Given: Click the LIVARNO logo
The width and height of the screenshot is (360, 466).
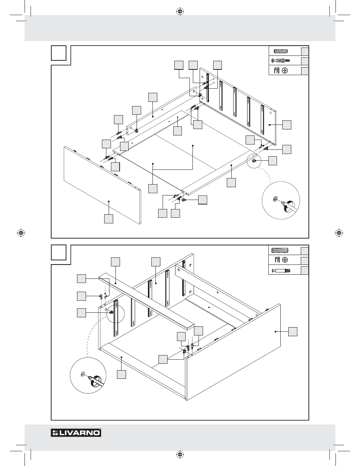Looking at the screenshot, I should click(x=76, y=433).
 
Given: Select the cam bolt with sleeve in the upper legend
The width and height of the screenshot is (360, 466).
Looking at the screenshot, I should click(x=280, y=60).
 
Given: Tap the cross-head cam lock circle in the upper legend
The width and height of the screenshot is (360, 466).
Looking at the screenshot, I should click(x=285, y=70).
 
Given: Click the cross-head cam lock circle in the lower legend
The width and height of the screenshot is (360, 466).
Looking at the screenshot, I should click(x=285, y=260).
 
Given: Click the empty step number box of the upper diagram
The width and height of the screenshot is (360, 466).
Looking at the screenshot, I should click(x=58, y=53).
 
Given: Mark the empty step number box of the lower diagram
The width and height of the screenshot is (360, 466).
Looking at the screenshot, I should click(x=58, y=252).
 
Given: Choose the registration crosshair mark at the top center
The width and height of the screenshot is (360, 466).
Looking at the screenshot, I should click(x=180, y=11).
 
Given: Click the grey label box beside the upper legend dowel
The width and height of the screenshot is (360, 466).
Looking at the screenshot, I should click(x=305, y=51).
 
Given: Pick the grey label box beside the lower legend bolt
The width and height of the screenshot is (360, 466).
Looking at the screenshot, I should click(x=305, y=270).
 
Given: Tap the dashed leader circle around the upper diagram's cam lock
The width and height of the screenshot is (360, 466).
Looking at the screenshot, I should click(x=254, y=161).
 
